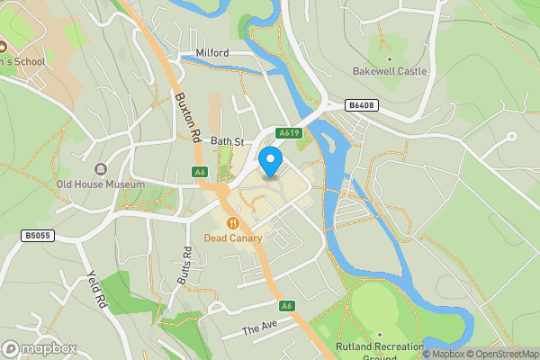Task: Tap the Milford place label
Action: point(211,53)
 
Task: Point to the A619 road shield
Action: point(288,133)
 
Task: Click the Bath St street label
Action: point(227,141)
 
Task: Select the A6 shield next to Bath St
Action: point(200,172)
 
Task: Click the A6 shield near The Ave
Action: point(287,306)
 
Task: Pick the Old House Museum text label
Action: point(100,184)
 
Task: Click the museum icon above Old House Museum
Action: point(100,169)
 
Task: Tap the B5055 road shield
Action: point(36,235)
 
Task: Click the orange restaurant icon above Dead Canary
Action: point(232,222)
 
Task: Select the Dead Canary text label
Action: point(232,238)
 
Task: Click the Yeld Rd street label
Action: point(97,288)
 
